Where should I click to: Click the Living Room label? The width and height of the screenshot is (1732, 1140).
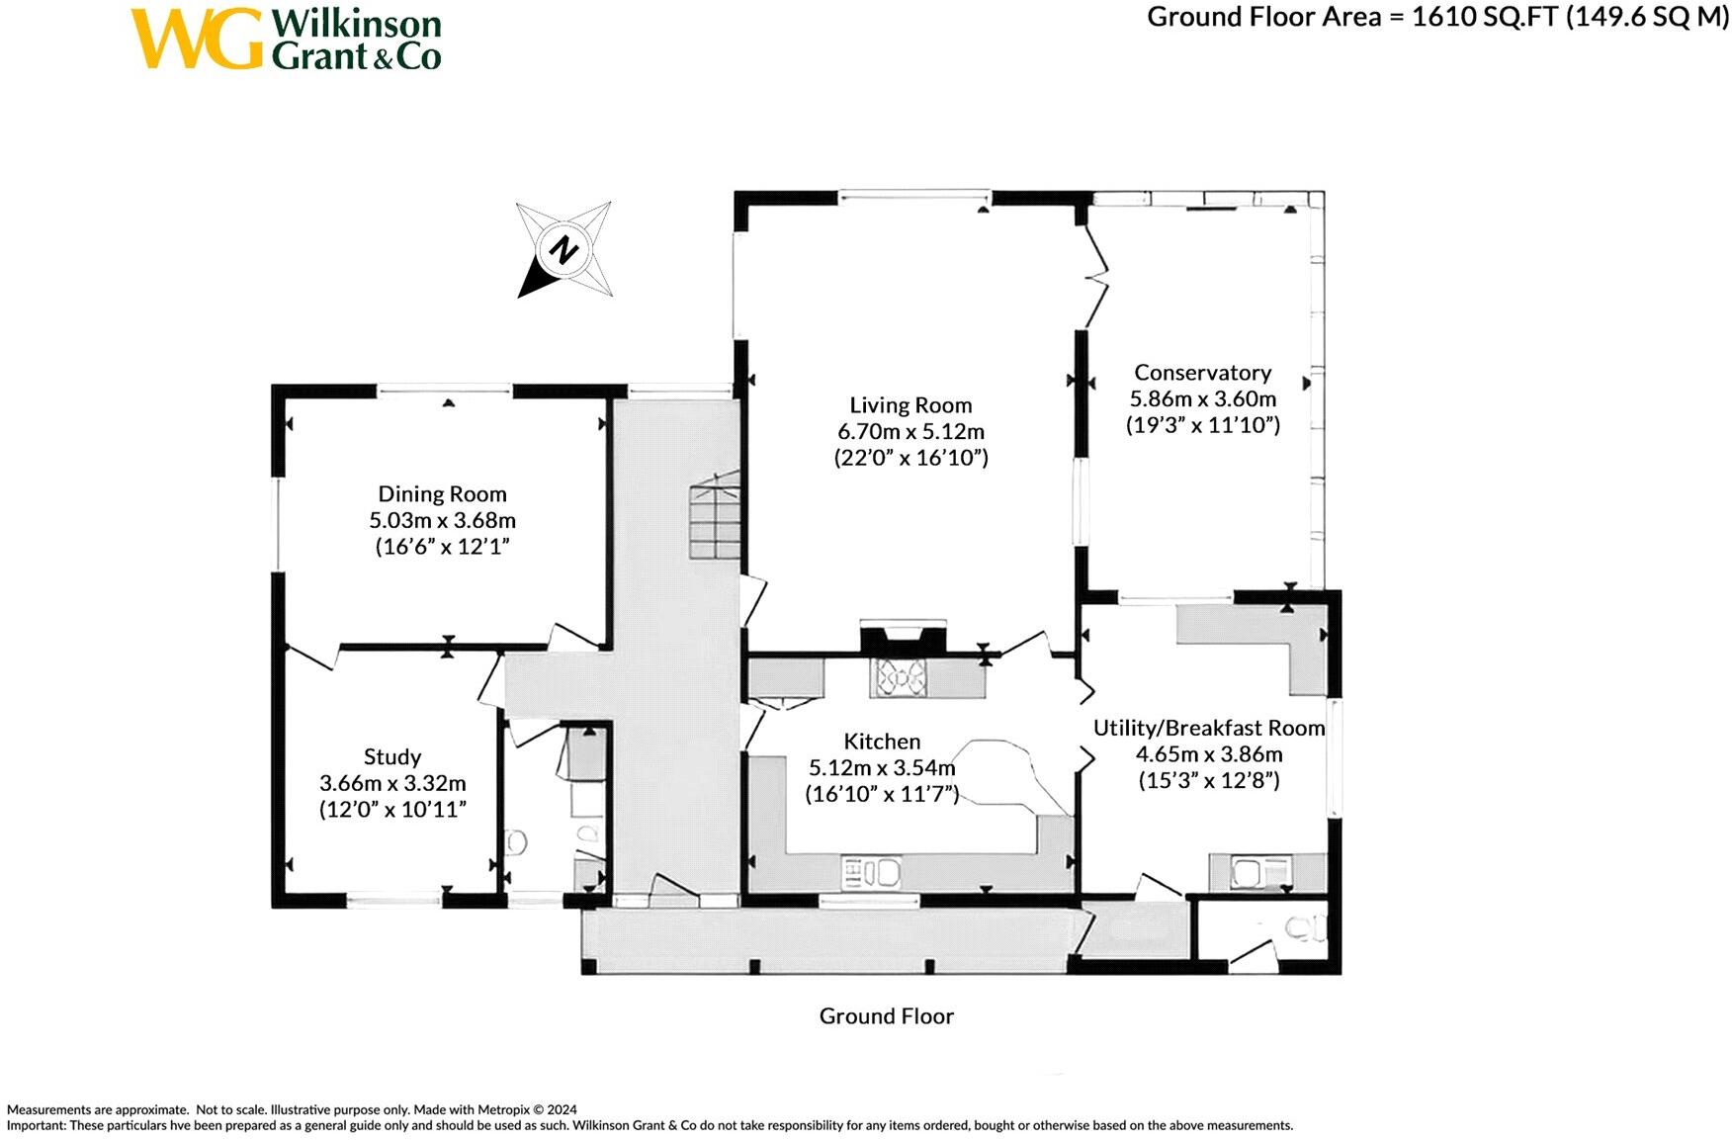(910, 405)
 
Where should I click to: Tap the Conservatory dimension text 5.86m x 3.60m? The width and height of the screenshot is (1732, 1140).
(1202, 399)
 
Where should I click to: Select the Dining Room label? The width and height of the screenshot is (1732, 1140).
(442, 494)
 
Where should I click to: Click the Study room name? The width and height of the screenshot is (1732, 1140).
(392, 757)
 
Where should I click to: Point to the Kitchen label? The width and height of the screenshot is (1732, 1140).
(882, 742)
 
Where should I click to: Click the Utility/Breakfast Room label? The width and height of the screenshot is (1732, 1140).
(1208, 729)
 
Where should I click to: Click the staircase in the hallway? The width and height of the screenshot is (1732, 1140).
(716, 516)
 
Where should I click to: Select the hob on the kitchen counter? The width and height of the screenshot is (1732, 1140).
(899, 678)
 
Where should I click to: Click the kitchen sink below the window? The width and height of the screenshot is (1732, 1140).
(872, 873)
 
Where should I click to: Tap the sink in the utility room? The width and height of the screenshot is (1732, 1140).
(1248, 873)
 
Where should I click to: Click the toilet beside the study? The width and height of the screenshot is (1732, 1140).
(515, 842)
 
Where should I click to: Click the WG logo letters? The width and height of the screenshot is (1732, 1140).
(197, 40)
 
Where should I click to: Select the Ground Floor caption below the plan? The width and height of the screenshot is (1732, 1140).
(886, 1016)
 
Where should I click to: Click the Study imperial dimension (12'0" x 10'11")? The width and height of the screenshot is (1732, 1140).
(392, 810)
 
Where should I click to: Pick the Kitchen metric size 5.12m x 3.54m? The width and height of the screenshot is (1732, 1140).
(882, 768)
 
